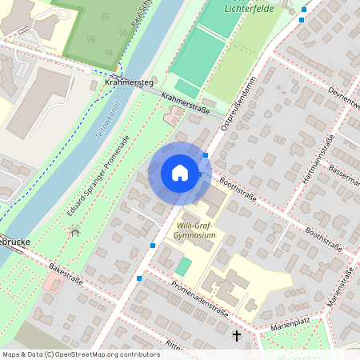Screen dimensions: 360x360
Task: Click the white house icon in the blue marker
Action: (180, 172)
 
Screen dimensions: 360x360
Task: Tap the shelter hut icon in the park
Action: (74, 231)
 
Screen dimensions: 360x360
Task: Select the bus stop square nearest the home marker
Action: (206, 155)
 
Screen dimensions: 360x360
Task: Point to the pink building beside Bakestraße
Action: (52, 282)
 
